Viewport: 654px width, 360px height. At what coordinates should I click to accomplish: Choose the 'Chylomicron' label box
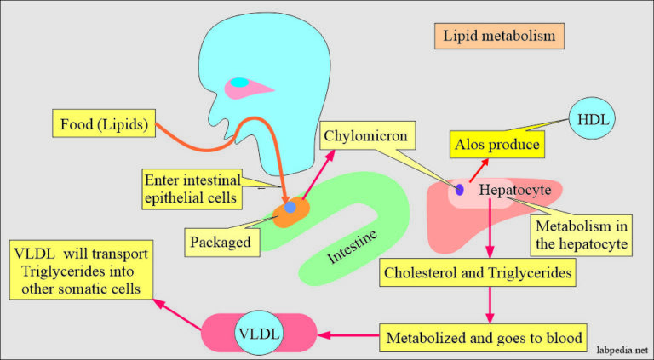point(368,134)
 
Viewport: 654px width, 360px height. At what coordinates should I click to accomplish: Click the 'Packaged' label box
point(220,242)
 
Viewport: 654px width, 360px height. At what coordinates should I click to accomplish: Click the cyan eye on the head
point(241,83)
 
